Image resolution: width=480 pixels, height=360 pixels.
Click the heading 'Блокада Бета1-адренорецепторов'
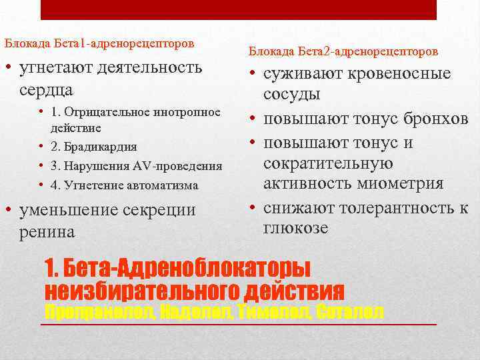tap(100, 43)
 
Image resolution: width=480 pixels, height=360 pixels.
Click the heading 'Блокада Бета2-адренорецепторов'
tap(343, 51)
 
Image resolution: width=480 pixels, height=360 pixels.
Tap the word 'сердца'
tap(46, 89)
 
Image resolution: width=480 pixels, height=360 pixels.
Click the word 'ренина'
tap(48, 231)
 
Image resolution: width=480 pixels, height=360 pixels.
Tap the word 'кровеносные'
tap(400, 74)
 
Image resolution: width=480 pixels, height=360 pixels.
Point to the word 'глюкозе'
tap(296, 227)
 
